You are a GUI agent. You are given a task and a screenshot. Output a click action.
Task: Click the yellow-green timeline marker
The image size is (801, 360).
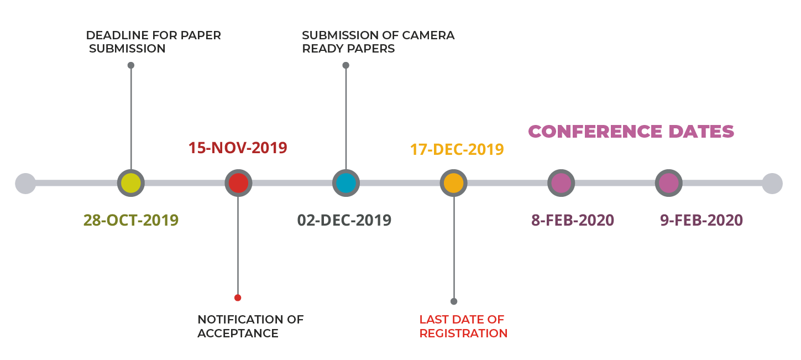[131, 183]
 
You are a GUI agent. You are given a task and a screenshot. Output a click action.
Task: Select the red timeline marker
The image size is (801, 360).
[238, 183]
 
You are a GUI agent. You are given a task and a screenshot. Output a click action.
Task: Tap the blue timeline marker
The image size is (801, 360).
[346, 183]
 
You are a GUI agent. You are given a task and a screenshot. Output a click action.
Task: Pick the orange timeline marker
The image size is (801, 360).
[453, 183]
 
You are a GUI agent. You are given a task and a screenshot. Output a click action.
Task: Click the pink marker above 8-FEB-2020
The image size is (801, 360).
[561, 183]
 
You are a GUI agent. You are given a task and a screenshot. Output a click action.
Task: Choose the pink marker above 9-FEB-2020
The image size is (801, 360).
[668, 183]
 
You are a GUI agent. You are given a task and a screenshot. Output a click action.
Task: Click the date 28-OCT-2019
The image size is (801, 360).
[131, 220]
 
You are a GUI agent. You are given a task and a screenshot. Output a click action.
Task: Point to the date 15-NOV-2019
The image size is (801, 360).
[238, 148]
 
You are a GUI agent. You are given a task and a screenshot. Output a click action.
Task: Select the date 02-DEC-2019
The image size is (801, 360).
[344, 220]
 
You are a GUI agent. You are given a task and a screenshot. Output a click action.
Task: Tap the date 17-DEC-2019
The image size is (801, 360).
[457, 149]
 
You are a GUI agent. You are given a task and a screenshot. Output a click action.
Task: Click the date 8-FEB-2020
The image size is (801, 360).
[573, 220]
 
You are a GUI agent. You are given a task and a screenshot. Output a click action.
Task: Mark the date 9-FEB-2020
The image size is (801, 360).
[701, 220]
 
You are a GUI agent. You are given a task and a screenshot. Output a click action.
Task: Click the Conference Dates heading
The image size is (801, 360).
[631, 132]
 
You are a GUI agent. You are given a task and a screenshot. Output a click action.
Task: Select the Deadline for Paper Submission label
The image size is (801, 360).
[153, 42]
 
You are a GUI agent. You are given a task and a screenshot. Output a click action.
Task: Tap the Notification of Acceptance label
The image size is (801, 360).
[250, 326]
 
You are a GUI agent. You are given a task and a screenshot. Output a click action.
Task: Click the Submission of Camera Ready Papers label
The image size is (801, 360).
[378, 42]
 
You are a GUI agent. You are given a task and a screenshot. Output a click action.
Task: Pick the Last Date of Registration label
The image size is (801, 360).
[463, 326]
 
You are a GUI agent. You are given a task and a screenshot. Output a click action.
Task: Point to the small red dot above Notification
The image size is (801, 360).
[238, 298]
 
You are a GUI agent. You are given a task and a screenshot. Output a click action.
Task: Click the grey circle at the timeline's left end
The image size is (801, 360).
[25, 183]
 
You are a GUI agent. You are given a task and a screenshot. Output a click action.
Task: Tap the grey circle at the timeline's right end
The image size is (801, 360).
[772, 183]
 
